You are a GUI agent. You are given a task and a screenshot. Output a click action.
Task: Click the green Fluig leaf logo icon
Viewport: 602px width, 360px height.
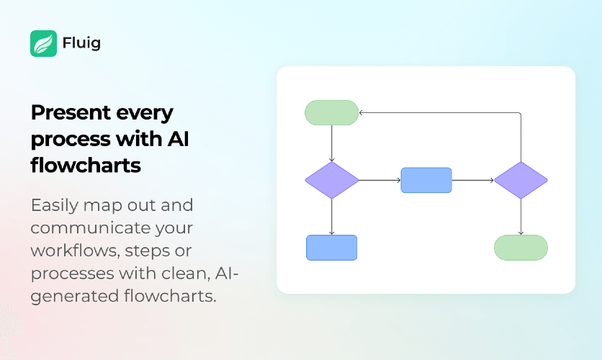click(43, 43)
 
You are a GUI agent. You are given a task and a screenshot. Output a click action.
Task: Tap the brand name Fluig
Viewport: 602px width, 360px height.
click(81, 43)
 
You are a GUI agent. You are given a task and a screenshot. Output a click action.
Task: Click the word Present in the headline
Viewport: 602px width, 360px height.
click(71, 112)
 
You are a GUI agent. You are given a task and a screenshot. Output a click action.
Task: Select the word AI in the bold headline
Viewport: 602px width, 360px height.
click(178, 138)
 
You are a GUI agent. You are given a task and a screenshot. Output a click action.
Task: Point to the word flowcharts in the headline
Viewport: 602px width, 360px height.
click(86, 165)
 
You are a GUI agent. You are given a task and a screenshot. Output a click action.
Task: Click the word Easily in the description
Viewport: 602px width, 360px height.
click(55, 206)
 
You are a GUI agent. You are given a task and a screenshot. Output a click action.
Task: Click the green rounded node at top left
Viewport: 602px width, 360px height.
click(332, 113)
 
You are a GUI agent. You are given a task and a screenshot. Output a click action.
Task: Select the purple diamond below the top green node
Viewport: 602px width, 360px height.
click(332, 181)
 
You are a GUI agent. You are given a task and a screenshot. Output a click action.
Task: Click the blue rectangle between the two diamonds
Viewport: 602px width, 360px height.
click(426, 181)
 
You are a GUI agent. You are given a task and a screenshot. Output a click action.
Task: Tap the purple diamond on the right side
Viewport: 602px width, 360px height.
click(521, 181)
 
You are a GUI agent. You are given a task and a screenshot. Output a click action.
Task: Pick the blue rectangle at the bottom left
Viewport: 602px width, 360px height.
click(332, 248)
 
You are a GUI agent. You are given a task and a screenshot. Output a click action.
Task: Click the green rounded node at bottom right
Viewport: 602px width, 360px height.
click(521, 248)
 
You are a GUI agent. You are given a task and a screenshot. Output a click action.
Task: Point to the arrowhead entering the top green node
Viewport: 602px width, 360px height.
click(361, 113)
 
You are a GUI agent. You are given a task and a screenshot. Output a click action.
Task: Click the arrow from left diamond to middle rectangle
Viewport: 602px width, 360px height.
click(379, 181)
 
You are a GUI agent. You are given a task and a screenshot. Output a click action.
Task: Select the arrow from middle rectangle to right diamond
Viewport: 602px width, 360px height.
click(473, 181)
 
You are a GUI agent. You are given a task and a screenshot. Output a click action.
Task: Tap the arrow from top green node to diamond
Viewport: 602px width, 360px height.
click(332, 143)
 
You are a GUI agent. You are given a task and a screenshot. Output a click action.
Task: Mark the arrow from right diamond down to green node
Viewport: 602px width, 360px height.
click(521, 217)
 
